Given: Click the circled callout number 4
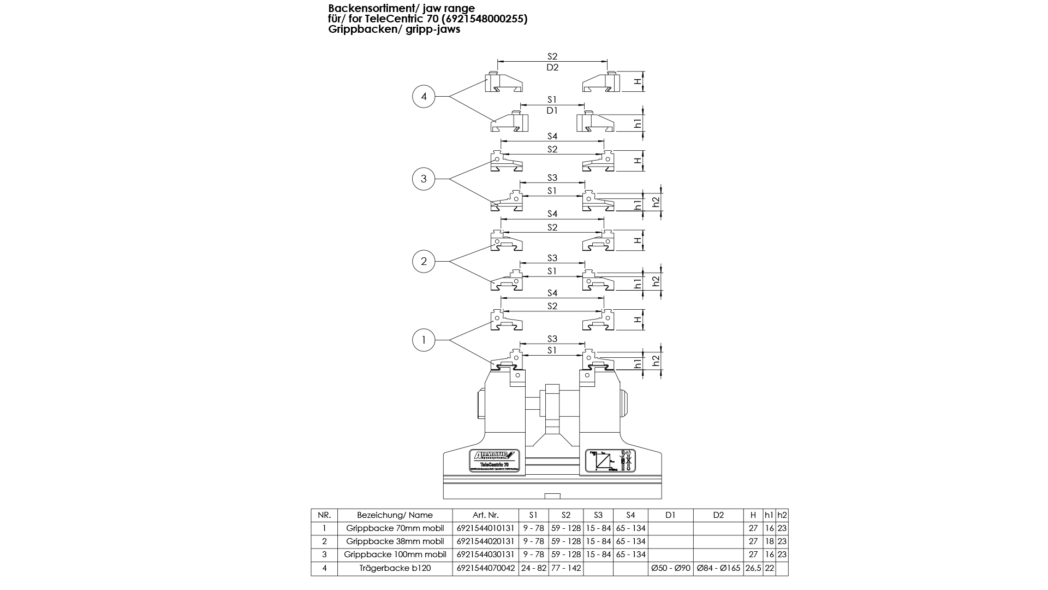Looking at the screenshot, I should [x=424, y=97].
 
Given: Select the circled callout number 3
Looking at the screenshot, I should [x=424, y=179].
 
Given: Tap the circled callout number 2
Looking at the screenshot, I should [x=424, y=261].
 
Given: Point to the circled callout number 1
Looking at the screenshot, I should [x=424, y=340].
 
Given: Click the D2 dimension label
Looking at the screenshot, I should [x=552, y=67].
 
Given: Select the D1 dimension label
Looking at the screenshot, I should [x=552, y=110].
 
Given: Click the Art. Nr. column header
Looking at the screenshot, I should [x=485, y=515].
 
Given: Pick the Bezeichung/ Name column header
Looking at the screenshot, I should [x=395, y=515].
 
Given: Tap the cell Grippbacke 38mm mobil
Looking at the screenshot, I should [x=395, y=541].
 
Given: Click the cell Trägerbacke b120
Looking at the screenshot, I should [x=395, y=568].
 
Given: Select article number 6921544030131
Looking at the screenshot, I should [x=485, y=554].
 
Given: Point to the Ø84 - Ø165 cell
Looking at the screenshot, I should [x=718, y=568].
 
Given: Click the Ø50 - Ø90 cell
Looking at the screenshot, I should [x=670, y=568].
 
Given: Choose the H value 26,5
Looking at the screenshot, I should [x=753, y=568].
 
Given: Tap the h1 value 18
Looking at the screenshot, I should [x=769, y=541].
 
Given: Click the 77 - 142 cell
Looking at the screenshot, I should [x=565, y=568].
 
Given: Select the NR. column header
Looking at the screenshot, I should [x=324, y=515].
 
